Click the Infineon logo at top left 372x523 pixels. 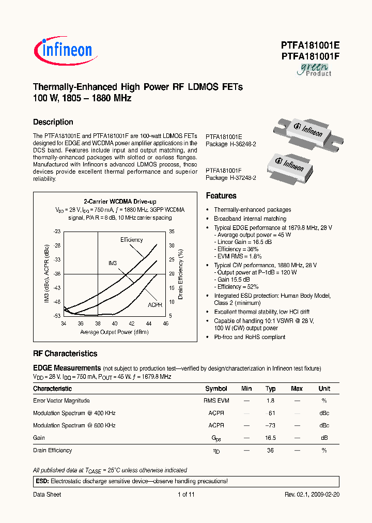pos(63,50)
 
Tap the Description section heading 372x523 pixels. pos(53,122)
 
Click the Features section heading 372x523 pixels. pos(221,196)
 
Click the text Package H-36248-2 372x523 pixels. pos(231,144)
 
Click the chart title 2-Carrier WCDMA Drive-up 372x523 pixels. pos(120,202)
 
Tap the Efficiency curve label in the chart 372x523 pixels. pos(131,240)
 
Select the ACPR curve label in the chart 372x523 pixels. pos(155,305)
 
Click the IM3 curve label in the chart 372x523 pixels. pos(113,263)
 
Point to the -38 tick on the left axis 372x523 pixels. pos(57,273)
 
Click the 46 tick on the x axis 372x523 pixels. pos(165,324)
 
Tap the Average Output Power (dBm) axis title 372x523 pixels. pos(114,332)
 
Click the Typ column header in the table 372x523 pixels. pos(270,389)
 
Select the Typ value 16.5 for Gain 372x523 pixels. pos(270,438)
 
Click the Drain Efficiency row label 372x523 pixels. pos(53,450)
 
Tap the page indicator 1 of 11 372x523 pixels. pos(186,495)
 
